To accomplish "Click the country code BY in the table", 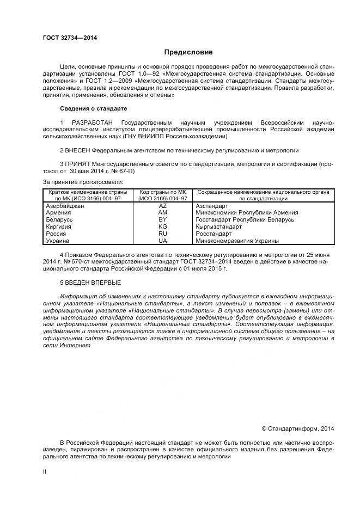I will [x=162, y=220].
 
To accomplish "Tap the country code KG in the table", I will [x=162, y=226].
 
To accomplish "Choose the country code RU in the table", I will [x=162, y=233].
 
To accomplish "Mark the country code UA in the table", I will [x=162, y=240].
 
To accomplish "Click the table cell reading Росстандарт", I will [x=213, y=233].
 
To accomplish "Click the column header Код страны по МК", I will [x=163, y=192].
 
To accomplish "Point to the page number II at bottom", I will [x=45, y=472].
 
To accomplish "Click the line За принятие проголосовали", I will [x=83, y=181].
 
